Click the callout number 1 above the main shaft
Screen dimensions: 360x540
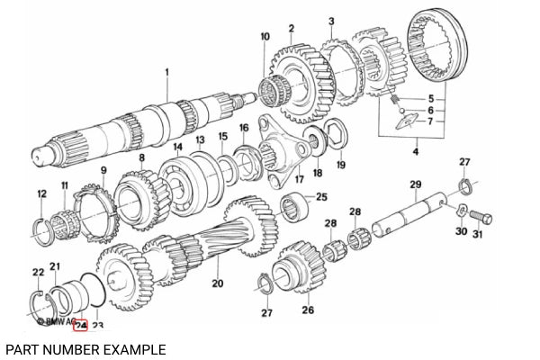pos(166,70)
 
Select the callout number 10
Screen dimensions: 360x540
pos(265,36)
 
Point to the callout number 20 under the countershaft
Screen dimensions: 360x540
pos(217,283)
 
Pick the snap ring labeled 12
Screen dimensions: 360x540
pos(41,229)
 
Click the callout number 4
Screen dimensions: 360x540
pos(415,153)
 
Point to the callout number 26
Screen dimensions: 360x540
pos(308,310)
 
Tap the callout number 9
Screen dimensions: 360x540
pos(103,170)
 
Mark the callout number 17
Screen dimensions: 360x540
pos(298,178)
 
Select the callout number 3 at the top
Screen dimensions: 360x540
pos(331,21)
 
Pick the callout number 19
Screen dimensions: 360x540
pos(340,166)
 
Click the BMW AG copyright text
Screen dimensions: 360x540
pos(54,320)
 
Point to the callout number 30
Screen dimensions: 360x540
pos(460,232)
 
